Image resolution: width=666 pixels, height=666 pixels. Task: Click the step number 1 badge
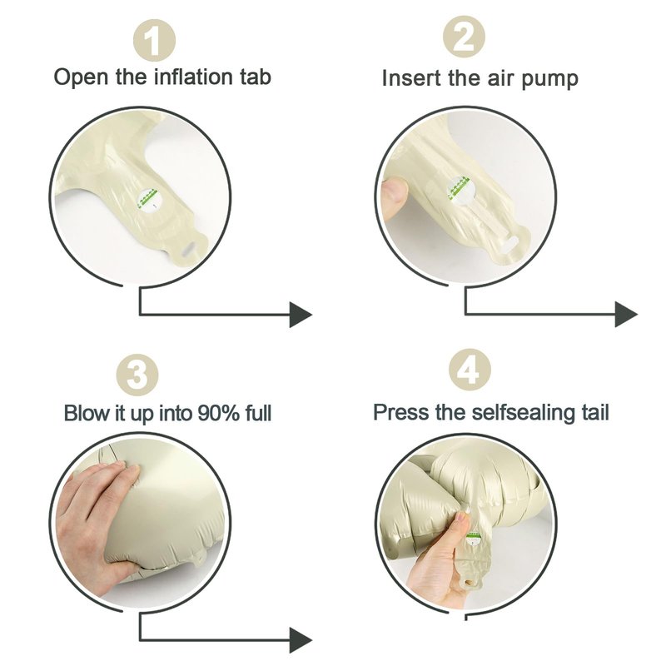click(x=154, y=41)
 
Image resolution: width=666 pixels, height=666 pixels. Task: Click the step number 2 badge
click(x=464, y=37)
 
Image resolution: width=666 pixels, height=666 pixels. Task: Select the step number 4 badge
click(x=470, y=370)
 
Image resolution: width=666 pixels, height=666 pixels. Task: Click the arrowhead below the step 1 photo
click(x=301, y=315)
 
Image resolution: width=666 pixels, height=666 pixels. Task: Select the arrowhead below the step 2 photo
click(x=626, y=315)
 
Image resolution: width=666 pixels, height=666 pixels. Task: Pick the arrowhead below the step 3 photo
click(x=301, y=640)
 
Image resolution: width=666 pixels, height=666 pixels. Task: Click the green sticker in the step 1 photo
click(x=151, y=199)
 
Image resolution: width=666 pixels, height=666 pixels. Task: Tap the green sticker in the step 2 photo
click(x=461, y=190)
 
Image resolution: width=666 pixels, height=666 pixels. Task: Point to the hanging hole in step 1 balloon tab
click(x=191, y=249)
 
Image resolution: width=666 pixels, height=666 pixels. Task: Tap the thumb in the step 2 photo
click(x=395, y=197)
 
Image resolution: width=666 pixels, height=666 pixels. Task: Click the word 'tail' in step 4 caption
click(x=598, y=412)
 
